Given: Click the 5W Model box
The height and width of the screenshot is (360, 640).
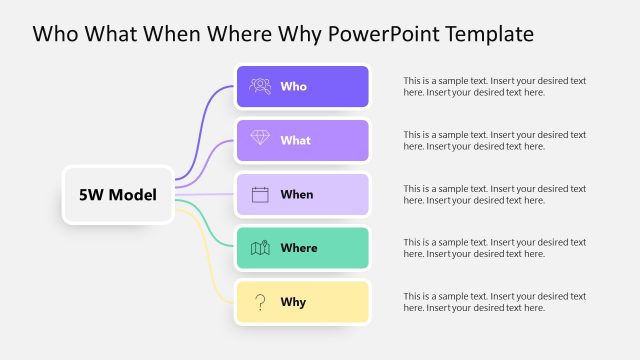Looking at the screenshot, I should pos(117,194).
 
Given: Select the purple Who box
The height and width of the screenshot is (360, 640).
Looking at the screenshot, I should pos(302,87).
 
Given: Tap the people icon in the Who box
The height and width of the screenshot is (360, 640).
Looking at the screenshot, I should pos(260,86).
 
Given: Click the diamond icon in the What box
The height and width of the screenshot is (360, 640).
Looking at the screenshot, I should pos(260,140).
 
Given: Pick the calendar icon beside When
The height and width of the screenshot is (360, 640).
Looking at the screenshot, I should pos(260,194).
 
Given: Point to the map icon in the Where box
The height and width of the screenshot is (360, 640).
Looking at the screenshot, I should pos(260,248).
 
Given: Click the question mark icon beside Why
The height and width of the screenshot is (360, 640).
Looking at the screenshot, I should pos(260,302).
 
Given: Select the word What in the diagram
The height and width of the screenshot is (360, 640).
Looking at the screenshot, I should pos(295,141).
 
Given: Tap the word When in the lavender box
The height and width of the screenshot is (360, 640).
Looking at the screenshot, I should pos(296,195).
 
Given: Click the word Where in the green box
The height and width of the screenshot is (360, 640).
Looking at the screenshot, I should pos(299,248).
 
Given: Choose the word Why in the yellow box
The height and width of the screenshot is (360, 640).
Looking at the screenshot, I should pos(293,302).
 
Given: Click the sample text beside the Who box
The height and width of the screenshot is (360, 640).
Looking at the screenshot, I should pos(494,86).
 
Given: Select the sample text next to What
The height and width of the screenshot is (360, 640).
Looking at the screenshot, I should pos(494,140).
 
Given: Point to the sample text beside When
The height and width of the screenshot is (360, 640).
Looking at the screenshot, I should pos(494,194).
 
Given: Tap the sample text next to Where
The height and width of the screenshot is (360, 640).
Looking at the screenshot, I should pos(494,248).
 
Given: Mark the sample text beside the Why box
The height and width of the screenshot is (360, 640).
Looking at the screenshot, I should pos(494,302).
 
